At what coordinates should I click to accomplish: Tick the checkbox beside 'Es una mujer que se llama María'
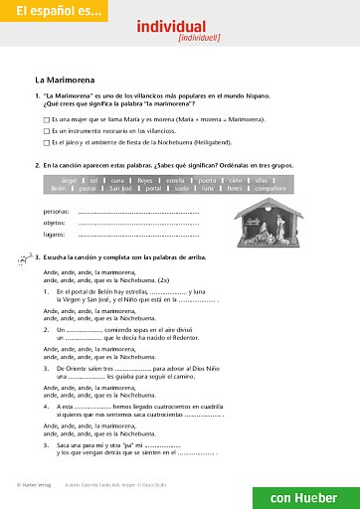46,118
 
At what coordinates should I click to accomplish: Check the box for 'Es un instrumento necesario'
46,130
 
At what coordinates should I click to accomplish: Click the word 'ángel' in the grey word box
69,180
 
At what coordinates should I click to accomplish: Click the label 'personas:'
57,212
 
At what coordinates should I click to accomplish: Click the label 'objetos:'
55,223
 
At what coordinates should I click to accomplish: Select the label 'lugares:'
55,235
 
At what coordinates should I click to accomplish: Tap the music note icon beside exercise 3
25,257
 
